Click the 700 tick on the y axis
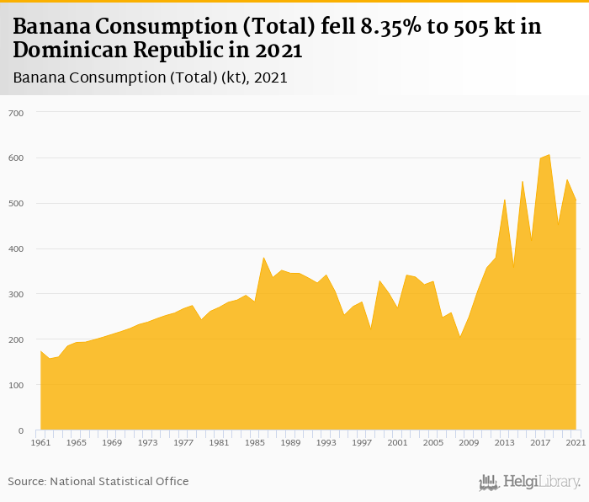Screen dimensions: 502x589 coord(16,113)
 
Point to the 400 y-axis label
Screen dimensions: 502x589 coord(16,249)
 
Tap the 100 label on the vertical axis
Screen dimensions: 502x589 coord(16,386)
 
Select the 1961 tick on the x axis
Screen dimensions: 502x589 coord(40,442)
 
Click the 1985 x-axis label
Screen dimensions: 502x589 coord(253,442)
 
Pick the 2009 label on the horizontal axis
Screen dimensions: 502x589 coord(469,442)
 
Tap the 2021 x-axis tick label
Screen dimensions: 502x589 coord(576,442)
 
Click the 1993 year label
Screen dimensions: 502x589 coord(326,442)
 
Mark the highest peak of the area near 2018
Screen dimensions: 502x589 coord(549,155)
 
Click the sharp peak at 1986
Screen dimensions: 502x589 coord(263,258)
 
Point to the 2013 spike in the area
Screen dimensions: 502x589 coord(505,200)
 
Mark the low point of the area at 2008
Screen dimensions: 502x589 coord(460,337)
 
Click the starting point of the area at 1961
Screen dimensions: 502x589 coord(40,351)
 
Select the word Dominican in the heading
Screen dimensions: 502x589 coord(66,51)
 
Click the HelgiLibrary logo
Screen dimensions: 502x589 coord(530,482)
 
